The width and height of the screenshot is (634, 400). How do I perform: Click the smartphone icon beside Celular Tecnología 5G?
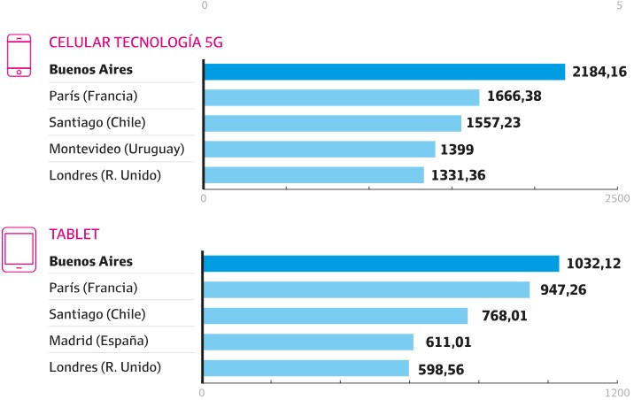(x=19, y=57)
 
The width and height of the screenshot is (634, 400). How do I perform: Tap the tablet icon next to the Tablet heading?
(x=19, y=249)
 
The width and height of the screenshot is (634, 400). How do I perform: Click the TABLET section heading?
(x=74, y=235)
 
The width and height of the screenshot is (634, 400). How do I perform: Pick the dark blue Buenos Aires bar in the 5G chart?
(x=384, y=72)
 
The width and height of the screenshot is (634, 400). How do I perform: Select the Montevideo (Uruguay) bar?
(x=320, y=149)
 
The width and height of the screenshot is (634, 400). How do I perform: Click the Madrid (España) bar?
(x=308, y=342)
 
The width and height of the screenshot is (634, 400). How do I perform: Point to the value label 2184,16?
(x=599, y=72)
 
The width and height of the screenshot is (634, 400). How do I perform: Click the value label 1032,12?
(x=594, y=264)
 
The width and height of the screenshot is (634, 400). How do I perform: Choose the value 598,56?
(x=440, y=368)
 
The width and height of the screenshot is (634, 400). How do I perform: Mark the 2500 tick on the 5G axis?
(x=617, y=199)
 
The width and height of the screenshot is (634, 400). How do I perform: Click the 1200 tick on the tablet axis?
(x=617, y=391)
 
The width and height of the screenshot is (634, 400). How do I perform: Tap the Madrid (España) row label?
(x=99, y=341)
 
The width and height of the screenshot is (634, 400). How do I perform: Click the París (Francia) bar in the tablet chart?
(x=367, y=289)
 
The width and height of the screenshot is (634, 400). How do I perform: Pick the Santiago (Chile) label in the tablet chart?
(x=97, y=314)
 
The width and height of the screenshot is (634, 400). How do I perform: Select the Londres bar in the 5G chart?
(x=314, y=175)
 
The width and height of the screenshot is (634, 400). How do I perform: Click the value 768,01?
(x=502, y=316)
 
